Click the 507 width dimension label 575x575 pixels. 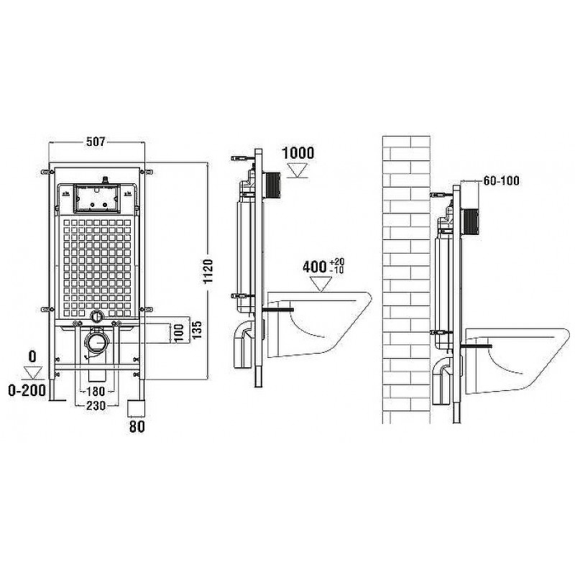(x=96, y=142)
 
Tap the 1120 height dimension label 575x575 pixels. (x=208, y=272)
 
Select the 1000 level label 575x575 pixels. (x=298, y=153)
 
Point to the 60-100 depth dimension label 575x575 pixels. (x=501, y=180)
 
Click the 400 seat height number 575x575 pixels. (x=315, y=267)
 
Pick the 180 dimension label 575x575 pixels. (x=96, y=391)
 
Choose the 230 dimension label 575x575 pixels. (x=96, y=405)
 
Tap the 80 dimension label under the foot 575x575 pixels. (x=137, y=426)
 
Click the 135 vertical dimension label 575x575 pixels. (x=197, y=330)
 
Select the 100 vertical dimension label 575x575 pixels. (x=178, y=333)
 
